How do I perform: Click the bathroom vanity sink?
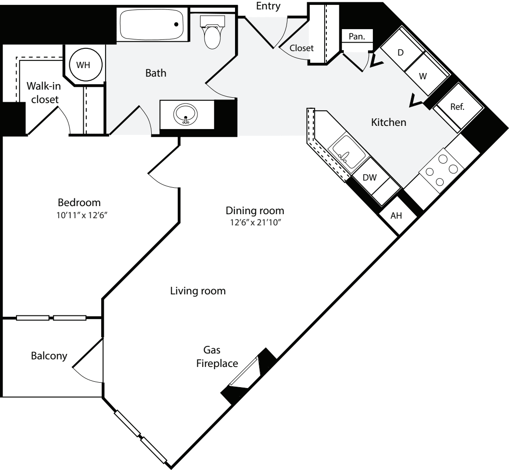[x=185, y=115]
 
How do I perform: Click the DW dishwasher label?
[x=369, y=177]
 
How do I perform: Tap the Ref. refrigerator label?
[x=458, y=107]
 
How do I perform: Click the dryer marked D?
[x=401, y=52]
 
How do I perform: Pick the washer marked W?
[x=423, y=76]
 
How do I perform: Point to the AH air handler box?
[x=396, y=216]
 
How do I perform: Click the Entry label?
[x=268, y=6]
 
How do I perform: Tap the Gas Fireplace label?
[x=218, y=357]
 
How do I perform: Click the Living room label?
[x=197, y=291]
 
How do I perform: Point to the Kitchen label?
[x=389, y=122]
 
